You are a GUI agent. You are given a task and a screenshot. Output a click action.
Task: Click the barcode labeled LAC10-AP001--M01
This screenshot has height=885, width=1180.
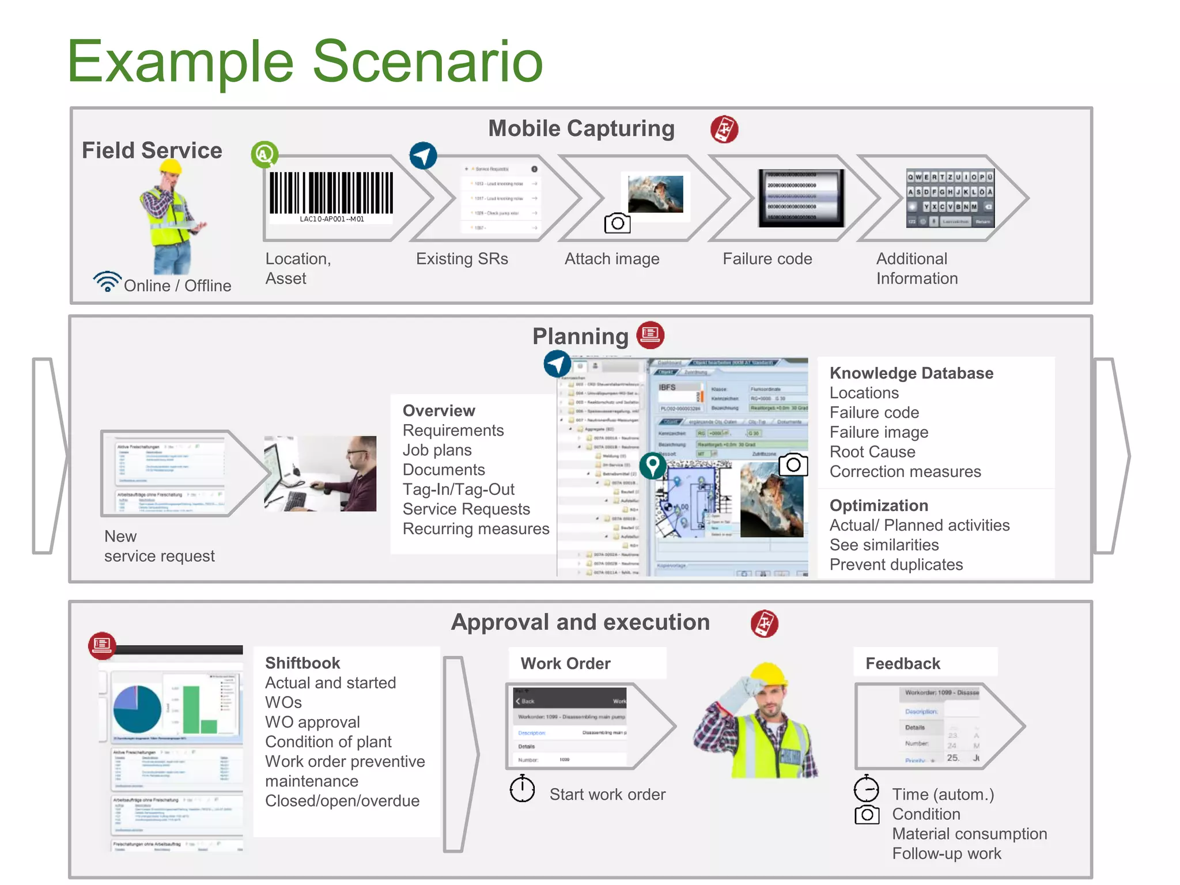point(331,194)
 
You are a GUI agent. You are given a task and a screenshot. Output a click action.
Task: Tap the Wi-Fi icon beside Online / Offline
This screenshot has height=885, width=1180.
point(107,281)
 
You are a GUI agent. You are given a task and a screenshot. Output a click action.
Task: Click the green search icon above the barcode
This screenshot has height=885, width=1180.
point(264,154)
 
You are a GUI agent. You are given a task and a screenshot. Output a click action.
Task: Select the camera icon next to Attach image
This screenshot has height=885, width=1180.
point(617,223)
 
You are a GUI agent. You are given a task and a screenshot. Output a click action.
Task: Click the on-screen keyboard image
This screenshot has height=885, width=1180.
point(950,198)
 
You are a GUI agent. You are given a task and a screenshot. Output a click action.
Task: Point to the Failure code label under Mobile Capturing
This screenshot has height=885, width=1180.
point(767,259)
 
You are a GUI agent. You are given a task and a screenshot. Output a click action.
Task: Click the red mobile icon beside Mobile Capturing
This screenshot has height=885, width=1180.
point(724,129)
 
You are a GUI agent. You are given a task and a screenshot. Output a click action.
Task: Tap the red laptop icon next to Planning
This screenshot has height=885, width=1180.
point(650,335)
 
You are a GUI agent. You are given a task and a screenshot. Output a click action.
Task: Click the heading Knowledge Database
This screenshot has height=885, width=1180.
point(911,373)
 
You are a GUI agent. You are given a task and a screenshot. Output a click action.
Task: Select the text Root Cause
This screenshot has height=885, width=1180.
point(872,452)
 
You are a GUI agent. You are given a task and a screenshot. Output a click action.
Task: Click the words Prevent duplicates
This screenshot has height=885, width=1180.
point(896,565)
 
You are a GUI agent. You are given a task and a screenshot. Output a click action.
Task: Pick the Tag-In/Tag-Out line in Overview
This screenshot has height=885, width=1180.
point(458,489)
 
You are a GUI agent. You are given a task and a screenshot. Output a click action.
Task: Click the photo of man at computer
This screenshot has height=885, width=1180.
point(320,474)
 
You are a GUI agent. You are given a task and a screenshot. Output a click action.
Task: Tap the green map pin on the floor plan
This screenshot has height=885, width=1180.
point(652,466)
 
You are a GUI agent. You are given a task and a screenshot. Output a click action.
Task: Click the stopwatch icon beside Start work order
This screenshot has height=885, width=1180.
point(522,789)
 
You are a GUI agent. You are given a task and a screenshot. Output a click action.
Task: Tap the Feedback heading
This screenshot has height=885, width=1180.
point(902,663)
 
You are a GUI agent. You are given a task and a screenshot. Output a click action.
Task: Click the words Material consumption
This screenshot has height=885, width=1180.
point(969,834)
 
